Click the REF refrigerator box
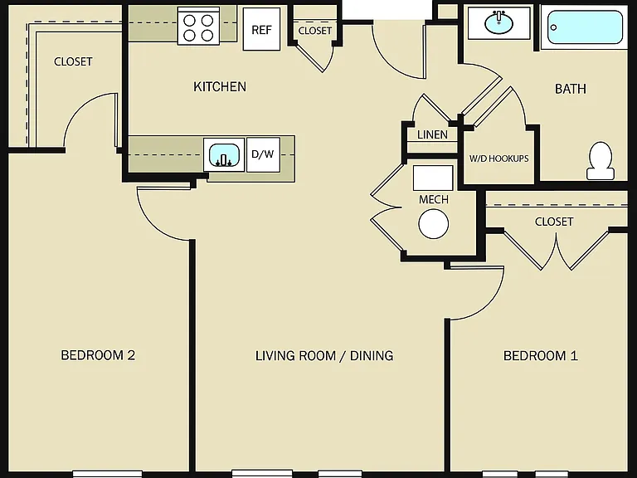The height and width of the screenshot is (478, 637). click(261, 29)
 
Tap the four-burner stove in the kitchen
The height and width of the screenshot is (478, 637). click(198, 27)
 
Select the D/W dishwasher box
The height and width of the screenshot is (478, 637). click(263, 154)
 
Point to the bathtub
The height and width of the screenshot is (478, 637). click(585, 27)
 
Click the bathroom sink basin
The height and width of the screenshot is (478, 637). click(498, 22)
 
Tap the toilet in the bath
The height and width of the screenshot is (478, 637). click(600, 161)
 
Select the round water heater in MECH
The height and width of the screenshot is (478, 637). click(434, 223)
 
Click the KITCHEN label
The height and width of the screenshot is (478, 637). click(219, 86)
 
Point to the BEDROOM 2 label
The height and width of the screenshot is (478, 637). click(98, 355)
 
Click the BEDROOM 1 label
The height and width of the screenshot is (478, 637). click(540, 356)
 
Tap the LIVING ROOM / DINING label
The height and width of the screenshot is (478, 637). click(324, 356)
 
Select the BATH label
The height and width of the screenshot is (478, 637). click(571, 89)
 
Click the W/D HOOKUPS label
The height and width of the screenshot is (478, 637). click(498, 159)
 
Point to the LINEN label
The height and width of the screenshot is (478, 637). click(432, 134)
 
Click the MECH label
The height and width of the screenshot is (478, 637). click(434, 199)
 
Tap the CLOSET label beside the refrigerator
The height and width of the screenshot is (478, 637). click(315, 31)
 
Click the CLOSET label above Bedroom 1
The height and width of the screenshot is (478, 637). click(554, 222)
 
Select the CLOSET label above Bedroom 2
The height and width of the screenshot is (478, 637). click(73, 61)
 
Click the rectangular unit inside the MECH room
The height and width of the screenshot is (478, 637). click(433, 178)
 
